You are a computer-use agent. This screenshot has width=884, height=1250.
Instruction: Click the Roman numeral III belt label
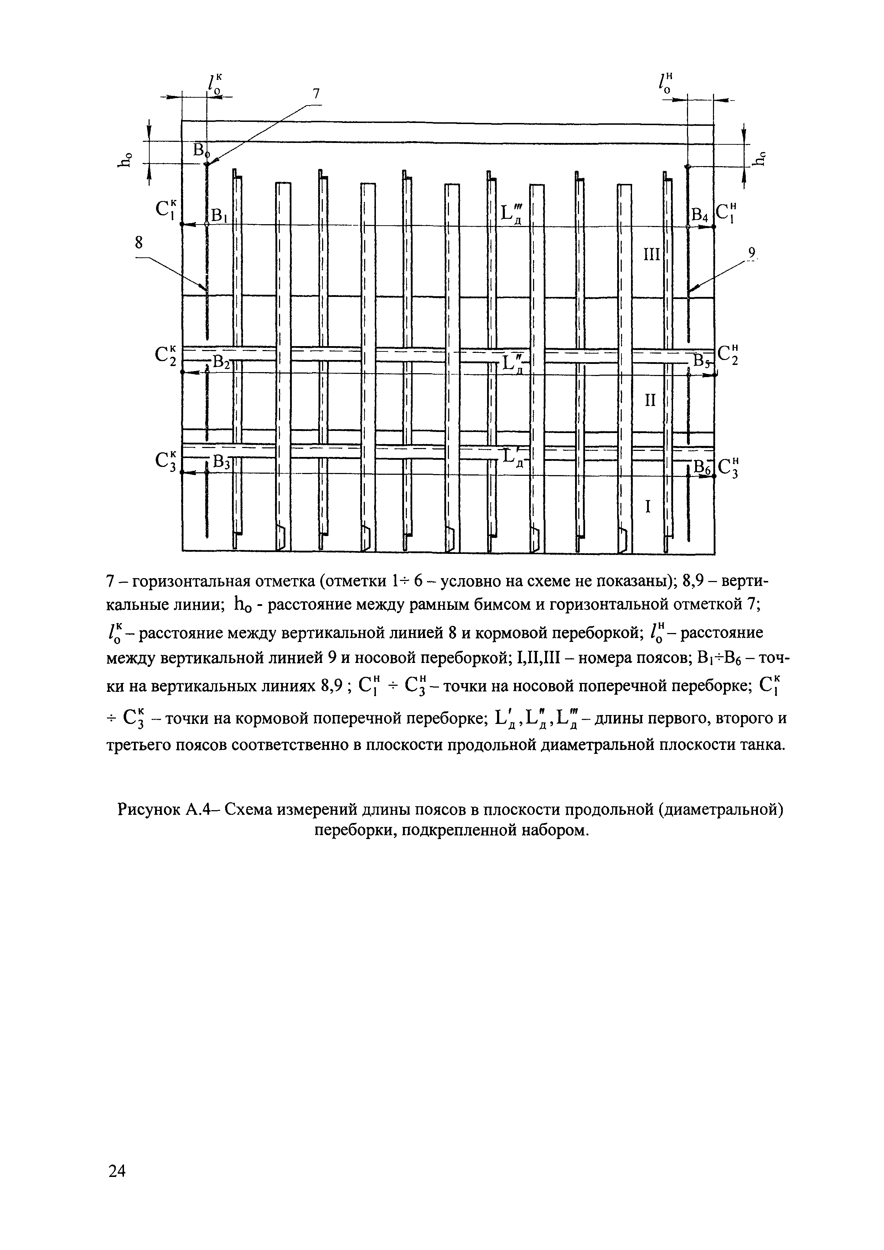click(x=651, y=254)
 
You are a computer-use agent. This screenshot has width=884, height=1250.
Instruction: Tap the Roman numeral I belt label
click(x=648, y=507)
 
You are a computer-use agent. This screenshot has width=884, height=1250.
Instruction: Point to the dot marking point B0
click(x=207, y=164)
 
